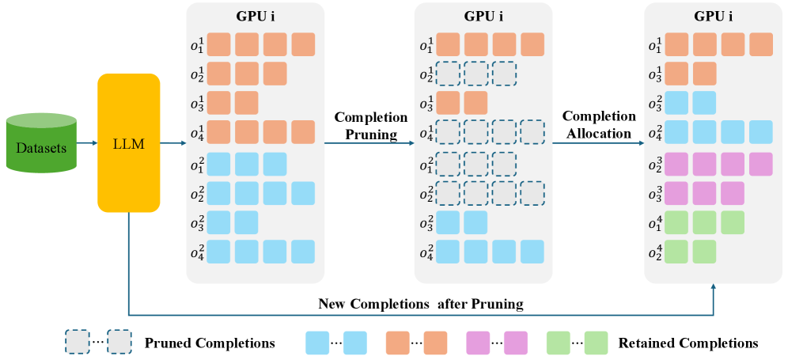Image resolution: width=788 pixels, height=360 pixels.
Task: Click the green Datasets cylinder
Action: [x=41, y=143]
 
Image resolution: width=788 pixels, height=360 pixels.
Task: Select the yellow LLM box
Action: [x=128, y=142]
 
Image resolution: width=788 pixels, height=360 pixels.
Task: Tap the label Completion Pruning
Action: [x=371, y=125]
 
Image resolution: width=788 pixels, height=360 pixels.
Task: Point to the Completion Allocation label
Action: [x=599, y=125]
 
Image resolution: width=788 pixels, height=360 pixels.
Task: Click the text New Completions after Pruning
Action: [x=421, y=303]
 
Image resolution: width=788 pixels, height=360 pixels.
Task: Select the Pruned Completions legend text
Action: [x=210, y=343]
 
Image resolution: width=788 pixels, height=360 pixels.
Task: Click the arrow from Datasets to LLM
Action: [x=87, y=143]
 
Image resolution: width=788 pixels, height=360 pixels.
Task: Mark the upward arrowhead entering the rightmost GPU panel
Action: [x=714, y=290]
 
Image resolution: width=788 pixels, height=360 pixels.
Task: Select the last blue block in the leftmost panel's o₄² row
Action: [x=303, y=252]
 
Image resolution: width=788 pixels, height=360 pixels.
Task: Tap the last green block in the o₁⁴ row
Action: [x=732, y=222]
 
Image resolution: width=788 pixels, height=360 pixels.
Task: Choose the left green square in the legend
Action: [x=559, y=343]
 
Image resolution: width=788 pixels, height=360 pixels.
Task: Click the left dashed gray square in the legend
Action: [x=77, y=343]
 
